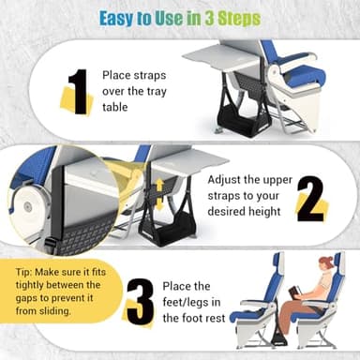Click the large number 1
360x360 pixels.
coord(80,92)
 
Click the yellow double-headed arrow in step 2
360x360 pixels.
coord(160,195)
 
